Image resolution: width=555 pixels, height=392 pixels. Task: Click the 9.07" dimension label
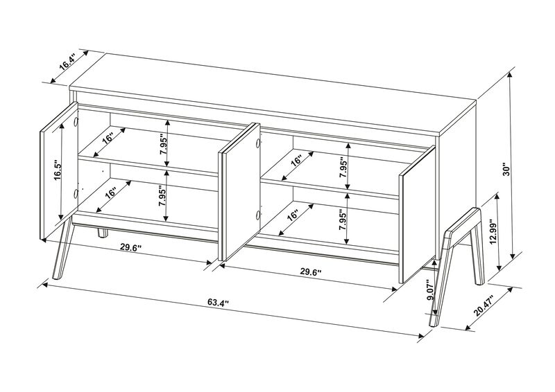click(431, 289)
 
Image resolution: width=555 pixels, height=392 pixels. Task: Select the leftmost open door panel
click(58, 177)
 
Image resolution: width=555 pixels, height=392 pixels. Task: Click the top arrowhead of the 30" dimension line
click(511, 71)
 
